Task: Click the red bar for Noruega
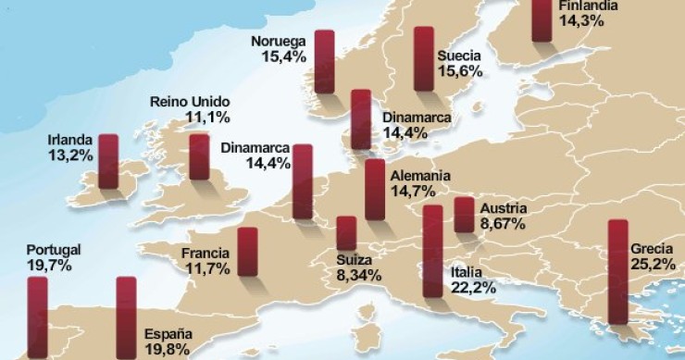324,61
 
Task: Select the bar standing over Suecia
424,59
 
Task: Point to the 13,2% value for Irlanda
70,155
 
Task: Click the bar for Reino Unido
199,156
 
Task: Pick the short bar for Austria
464,215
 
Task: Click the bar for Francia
247,252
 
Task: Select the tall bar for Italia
432,252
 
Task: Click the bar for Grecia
617,272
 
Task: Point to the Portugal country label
54,250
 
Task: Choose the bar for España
126,317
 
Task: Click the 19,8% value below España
167,350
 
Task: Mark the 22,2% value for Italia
473,288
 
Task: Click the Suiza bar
346,233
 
